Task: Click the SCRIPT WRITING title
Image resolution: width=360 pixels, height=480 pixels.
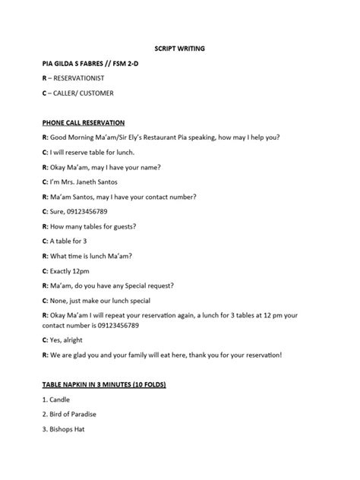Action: (180, 49)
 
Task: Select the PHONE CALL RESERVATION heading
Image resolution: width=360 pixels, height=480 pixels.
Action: (84, 122)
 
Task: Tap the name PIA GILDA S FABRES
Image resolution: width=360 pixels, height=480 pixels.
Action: (72, 64)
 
